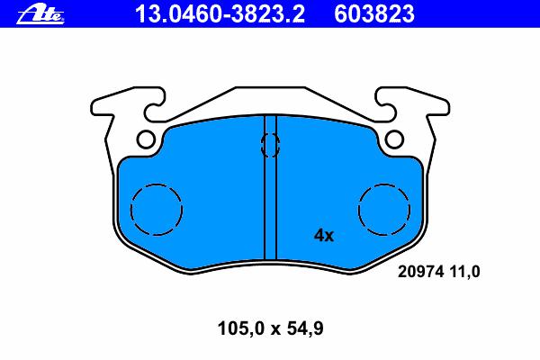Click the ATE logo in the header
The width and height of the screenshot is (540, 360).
[40, 13]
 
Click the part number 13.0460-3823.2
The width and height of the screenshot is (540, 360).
[220, 14]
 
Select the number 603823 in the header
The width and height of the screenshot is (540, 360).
[374, 14]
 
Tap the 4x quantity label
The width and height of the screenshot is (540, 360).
[324, 236]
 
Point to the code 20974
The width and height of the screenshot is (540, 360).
[420, 272]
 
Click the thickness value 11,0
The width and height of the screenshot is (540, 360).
[464, 272]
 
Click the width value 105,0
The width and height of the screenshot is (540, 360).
[240, 328]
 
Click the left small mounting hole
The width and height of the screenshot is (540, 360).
[146, 139]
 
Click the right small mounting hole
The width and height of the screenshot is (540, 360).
[394, 139]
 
